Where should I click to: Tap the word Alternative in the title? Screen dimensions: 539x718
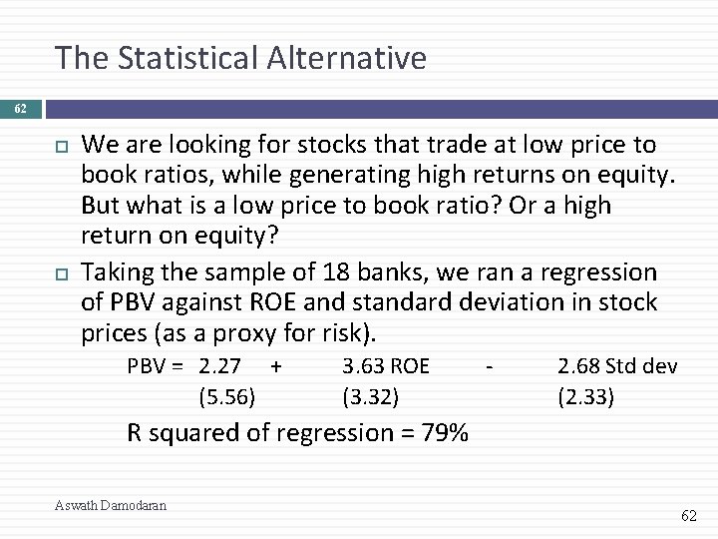tap(348, 58)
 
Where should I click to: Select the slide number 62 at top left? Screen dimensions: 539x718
tap(20, 104)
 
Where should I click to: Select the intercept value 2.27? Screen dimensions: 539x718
tap(219, 366)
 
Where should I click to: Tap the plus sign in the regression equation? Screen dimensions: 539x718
tap(276, 366)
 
